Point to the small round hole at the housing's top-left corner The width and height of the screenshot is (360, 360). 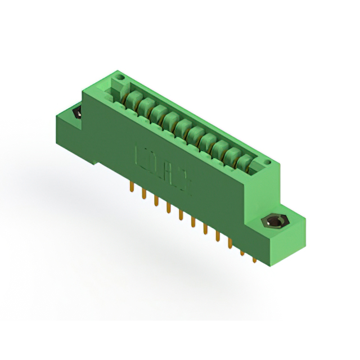tap(118, 75)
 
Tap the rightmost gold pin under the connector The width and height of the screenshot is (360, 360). tap(254, 259)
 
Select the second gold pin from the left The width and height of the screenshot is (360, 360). tap(144, 195)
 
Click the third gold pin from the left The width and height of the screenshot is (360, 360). tap(156, 201)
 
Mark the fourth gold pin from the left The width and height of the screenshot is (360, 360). tap(168, 209)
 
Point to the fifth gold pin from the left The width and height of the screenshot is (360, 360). tap(181, 216)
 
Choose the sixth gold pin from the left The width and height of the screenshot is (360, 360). tap(193, 223)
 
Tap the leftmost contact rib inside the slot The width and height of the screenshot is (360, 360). tap(133, 101)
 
